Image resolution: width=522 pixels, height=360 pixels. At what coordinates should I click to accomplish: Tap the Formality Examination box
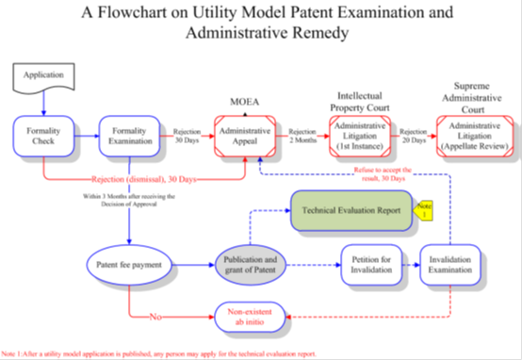(x=130, y=137)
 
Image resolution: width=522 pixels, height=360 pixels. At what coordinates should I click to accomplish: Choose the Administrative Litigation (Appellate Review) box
(x=475, y=137)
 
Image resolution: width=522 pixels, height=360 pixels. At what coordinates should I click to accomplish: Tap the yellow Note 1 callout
(x=425, y=211)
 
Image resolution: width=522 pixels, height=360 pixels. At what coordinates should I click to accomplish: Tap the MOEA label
(x=245, y=101)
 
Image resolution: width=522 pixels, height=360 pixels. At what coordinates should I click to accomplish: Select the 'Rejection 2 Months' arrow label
(x=302, y=137)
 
